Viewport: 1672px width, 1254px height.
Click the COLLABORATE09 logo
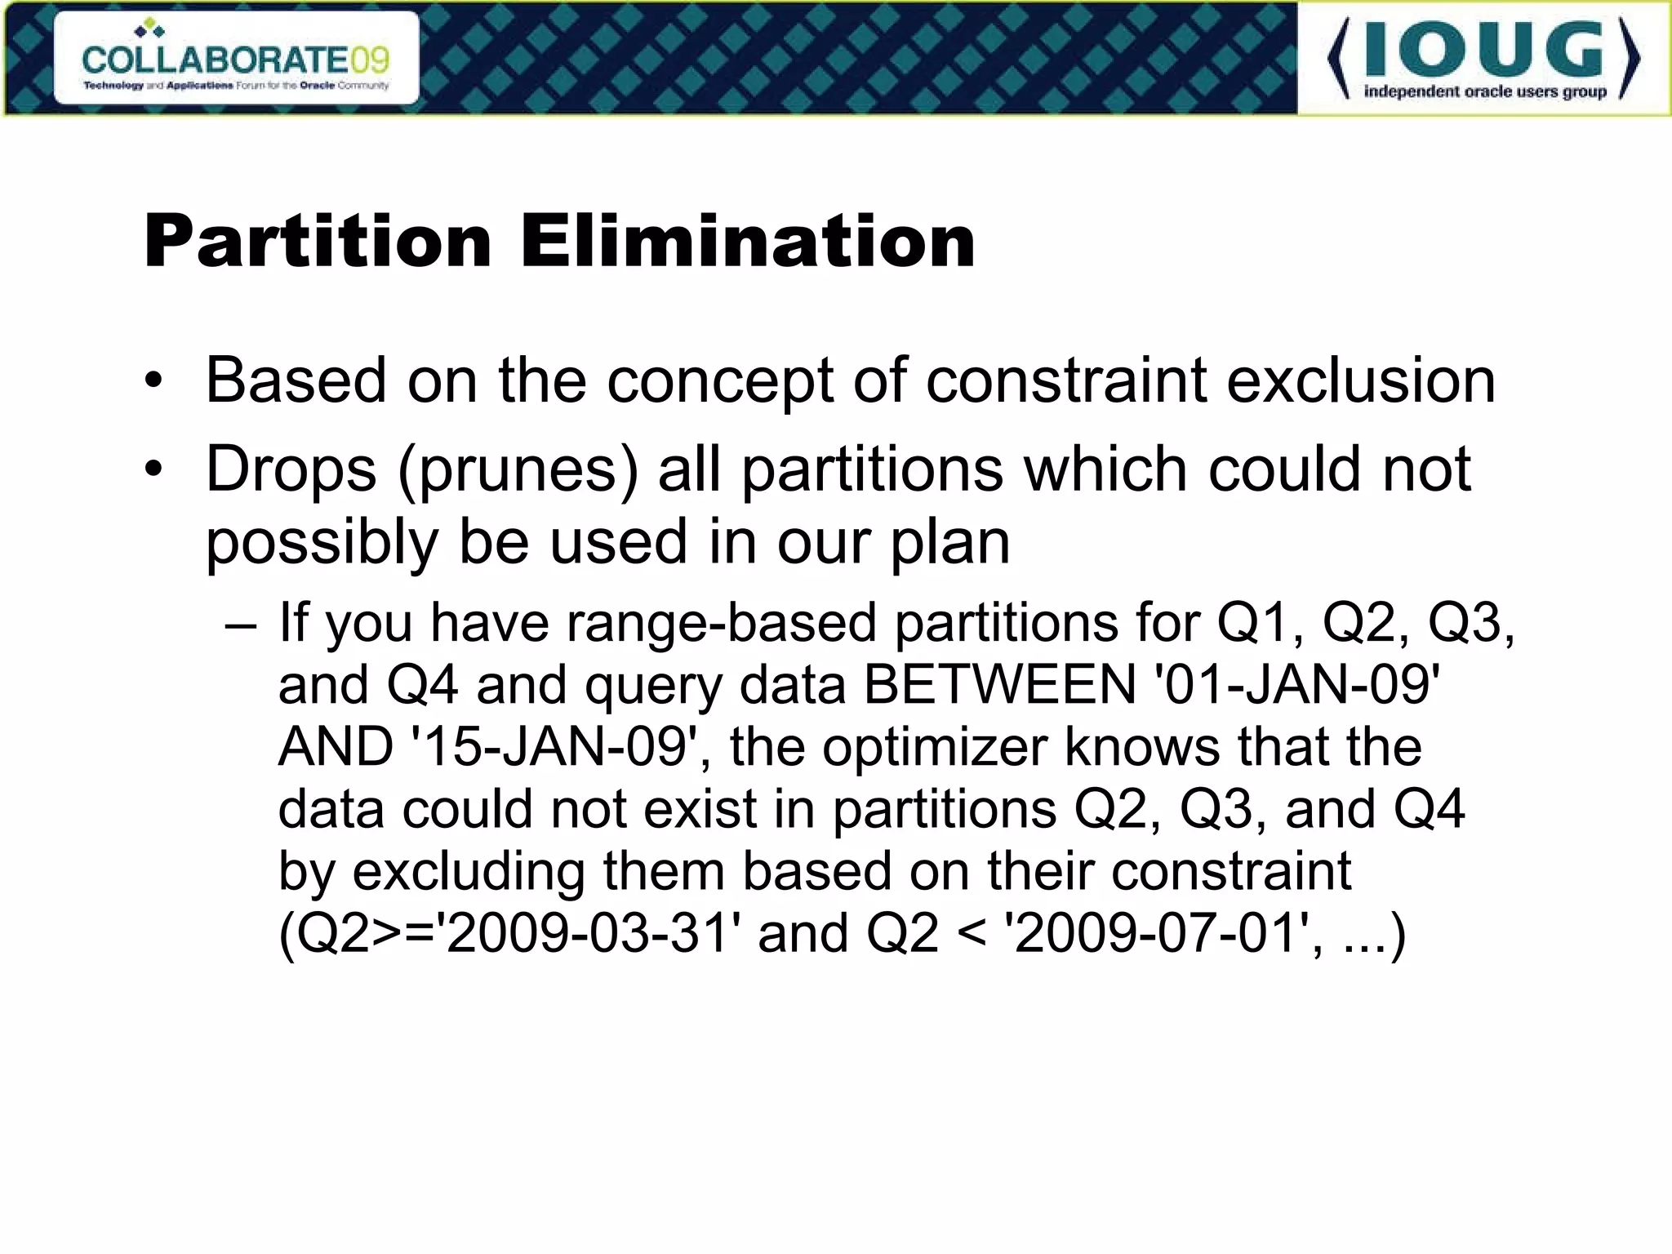[236, 59]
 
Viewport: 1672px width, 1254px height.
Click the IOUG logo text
[1483, 51]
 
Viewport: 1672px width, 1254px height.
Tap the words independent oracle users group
[1485, 91]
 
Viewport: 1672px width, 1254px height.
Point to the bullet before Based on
[153, 381]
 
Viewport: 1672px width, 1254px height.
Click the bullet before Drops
[153, 469]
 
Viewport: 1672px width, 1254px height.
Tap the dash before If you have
[241, 624]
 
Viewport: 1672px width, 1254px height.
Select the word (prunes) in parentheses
[518, 471]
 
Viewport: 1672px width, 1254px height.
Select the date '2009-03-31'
[587, 933]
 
